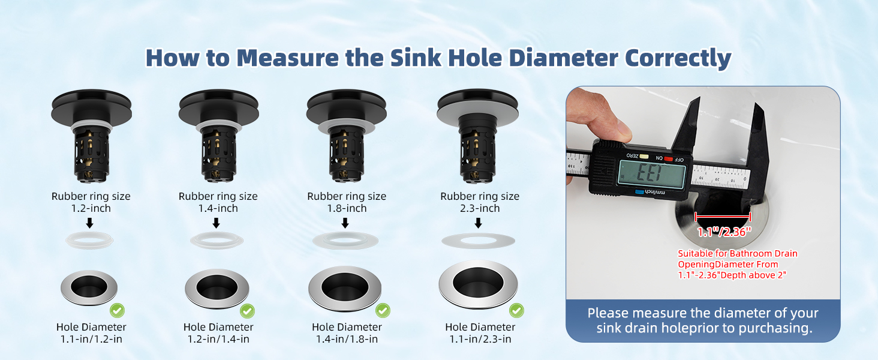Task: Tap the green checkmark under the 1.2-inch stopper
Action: pyautogui.click(x=117, y=311)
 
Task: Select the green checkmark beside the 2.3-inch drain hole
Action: pyautogui.click(x=516, y=311)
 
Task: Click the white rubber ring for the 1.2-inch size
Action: pyautogui.click(x=89, y=240)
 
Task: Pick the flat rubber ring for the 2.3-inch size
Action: pyautogui.click(x=478, y=241)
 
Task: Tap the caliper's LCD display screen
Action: pyautogui.click(x=652, y=175)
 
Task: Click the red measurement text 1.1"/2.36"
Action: pyautogui.click(x=724, y=232)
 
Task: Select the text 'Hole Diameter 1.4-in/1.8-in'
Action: pyautogui.click(x=347, y=333)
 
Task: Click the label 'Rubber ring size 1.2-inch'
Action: pyautogui.click(x=91, y=202)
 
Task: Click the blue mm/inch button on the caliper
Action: pyautogui.click(x=639, y=192)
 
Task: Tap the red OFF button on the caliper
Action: pyautogui.click(x=668, y=159)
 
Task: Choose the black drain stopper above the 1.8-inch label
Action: pyautogui.click(x=347, y=135)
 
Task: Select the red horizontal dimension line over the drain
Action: pyautogui.click(x=723, y=217)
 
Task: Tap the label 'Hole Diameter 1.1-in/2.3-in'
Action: pyautogui.click(x=480, y=333)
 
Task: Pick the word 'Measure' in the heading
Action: pyautogui.click(x=287, y=58)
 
